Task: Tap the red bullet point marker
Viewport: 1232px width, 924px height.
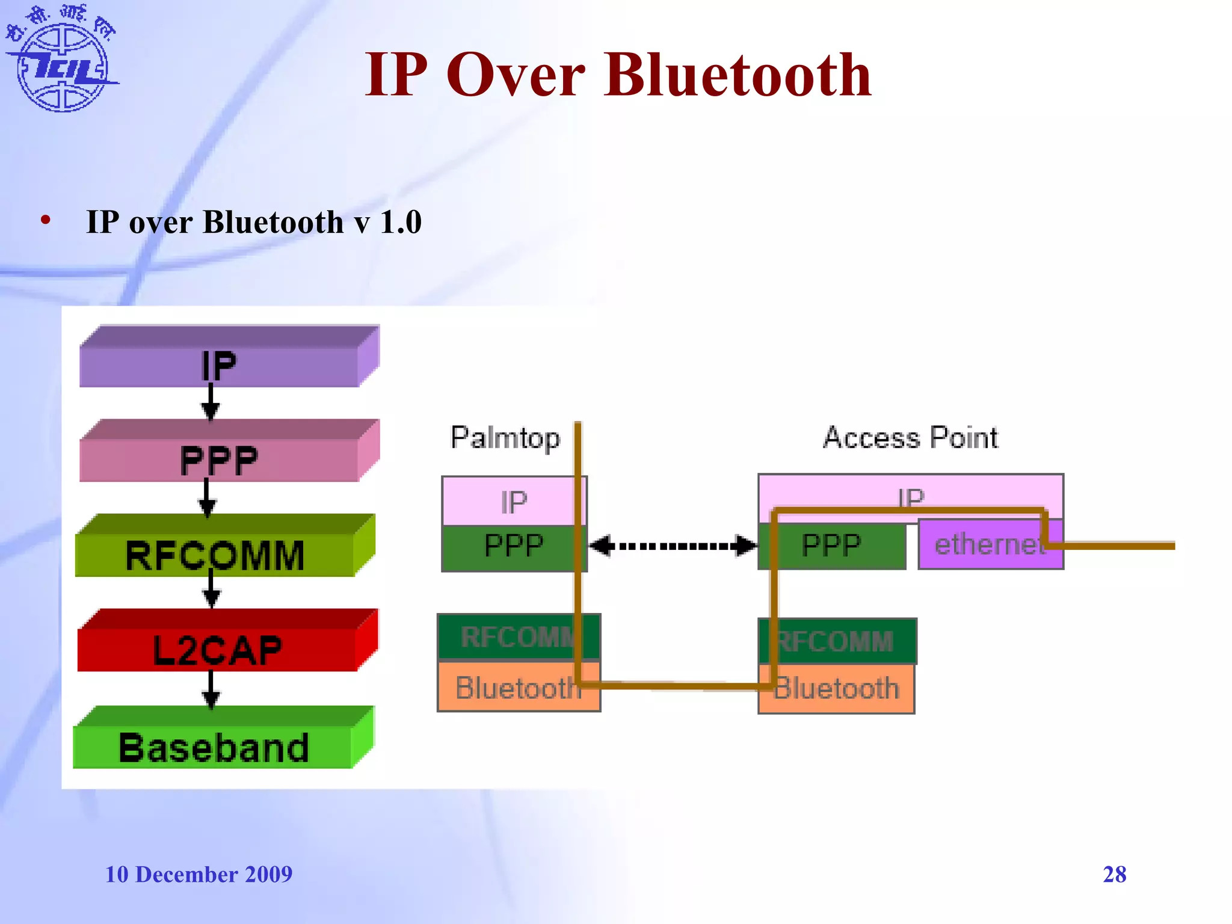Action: click(46, 220)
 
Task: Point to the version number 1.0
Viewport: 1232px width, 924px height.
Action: click(401, 222)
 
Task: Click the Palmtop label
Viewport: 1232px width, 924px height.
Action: click(505, 437)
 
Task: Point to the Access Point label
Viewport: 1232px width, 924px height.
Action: click(910, 437)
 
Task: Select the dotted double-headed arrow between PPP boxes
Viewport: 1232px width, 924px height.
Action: click(672, 546)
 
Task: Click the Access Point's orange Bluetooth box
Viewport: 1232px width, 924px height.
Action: click(836, 688)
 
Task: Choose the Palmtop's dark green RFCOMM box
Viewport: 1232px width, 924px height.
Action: click(517, 637)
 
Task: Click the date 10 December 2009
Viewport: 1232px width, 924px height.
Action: click(199, 874)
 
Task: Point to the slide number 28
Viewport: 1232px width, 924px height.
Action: click(1114, 874)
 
